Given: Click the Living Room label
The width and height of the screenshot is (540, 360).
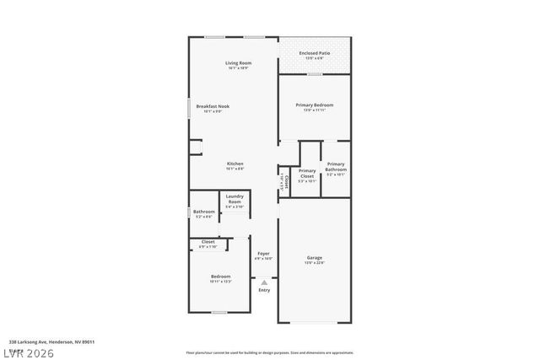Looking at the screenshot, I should [x=238, y=64].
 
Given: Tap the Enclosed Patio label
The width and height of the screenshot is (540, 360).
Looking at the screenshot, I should [x=314, y=53].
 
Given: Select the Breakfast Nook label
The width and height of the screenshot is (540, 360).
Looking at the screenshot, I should [x=213, y=106].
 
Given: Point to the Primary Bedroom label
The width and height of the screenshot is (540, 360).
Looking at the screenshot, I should [x=314, y=105].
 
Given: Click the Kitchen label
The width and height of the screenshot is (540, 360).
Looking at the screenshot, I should [x=235, y=164].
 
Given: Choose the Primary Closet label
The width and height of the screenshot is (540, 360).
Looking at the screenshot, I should [x=307, y=174].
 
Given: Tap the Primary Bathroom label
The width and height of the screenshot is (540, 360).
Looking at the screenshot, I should [x=335, y=167].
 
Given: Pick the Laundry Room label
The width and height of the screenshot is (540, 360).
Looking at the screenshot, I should [x=234, y=198].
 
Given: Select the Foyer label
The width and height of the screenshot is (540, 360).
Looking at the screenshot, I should [x=263, y=253].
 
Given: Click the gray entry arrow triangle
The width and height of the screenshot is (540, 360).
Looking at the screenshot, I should [x=264, y=282].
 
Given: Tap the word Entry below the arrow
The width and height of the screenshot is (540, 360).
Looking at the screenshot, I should [x=264, y=290].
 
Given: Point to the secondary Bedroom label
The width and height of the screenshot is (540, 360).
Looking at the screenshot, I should [x=220, y=277].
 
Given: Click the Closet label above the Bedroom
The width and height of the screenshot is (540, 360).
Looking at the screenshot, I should [x=208, y=242].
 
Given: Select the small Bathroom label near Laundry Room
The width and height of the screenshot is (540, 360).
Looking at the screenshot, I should [x=203, y=212].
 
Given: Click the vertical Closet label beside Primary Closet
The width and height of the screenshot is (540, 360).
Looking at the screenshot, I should [x=287, y=180].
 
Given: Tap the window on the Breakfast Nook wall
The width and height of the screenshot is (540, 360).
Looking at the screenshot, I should [x=188, y=108].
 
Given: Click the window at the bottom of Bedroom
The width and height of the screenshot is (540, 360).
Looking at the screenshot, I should [x=219, y=312].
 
